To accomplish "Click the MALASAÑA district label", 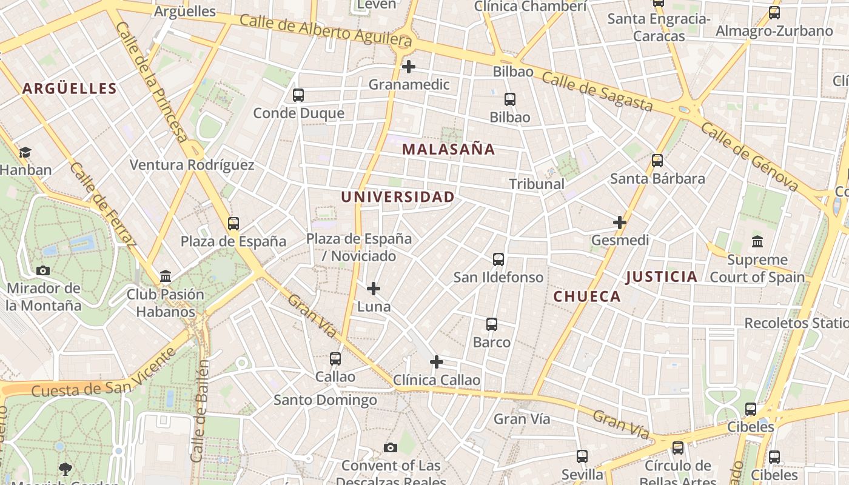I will click(x=449, y=149).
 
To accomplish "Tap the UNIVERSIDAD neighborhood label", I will click(x=397, y=197).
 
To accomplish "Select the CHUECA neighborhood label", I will click(x=587, y=296).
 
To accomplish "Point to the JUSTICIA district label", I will click(x=662, y=277).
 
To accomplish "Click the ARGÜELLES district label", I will click(x=70, y=89).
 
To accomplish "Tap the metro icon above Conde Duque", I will click(x=298, y=95).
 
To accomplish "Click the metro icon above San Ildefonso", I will click(x=498, y=259).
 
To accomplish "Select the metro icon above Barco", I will click(x=492, y=324).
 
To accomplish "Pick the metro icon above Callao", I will click(x=335, y=359).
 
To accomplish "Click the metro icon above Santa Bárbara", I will click(x=657, y=161).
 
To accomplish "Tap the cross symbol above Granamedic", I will click(x=409, y=66).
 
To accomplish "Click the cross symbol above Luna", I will click(x=374, y=289).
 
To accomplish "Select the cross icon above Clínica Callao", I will click(x=437, y=363).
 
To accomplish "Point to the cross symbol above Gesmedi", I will click(x=620, y=222).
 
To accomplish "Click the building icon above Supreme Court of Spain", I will click(x=757, y=242).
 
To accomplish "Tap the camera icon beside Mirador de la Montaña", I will click(x=43, y=270).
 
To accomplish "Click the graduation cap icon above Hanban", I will click(x=25, y=152).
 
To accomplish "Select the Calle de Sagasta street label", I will click(x=597, y=92).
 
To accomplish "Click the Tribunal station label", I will click(x=537, y=184).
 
